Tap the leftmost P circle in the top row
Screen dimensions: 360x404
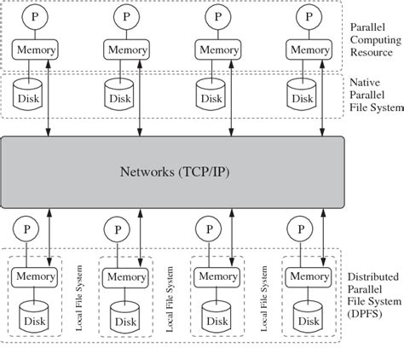[x=34, y=16]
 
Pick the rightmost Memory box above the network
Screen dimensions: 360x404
[x=309, y=50]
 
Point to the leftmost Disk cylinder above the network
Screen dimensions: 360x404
[x=31, y=95]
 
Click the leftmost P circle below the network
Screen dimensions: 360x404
[x=29, y=229]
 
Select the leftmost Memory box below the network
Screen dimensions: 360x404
[x=34, y=276]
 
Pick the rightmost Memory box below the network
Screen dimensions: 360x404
[x=309, y=276]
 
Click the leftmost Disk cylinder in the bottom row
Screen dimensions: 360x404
[x=34, y=318]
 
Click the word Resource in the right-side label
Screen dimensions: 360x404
[x=372, y=52]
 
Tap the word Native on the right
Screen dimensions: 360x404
[x=366, y=81]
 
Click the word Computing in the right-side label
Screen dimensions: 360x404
[x=376, y=39]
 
